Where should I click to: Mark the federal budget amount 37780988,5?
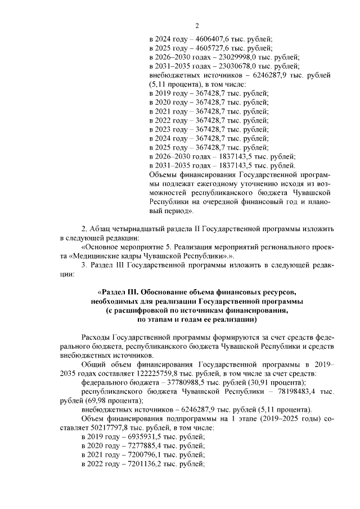click(x=177, y=383)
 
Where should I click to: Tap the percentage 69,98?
click(x=92, y=401)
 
